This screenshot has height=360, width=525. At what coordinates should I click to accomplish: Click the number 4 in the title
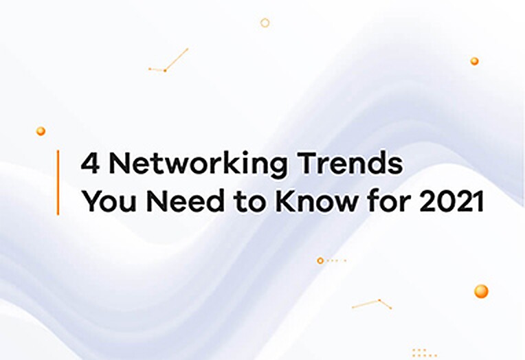pyautogui.click(x=91, y=163)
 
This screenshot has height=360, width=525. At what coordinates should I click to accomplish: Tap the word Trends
pyautogui.click(x=351, y=163)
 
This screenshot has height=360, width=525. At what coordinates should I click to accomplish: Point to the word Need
pyautogui.click(x=185, y=201)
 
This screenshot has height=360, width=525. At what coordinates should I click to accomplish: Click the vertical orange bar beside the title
pyautogui.click(x=58, y=183)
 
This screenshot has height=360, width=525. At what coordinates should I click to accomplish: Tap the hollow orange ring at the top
pyautogui.click(x=265, y=23)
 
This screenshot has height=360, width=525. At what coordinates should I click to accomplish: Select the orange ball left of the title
pyautogui.click(x=41, y=131)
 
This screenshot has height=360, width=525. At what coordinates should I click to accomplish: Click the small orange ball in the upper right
pyautogui.click(x=474, y=61)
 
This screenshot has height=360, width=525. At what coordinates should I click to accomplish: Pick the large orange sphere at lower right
pyautogui.click(x=481, y=291)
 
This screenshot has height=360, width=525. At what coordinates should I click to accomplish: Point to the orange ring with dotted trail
pyautogui.click(x=320, y=260)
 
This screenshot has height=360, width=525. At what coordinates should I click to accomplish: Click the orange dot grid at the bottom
pyautogui.click(x=425, y=352)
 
